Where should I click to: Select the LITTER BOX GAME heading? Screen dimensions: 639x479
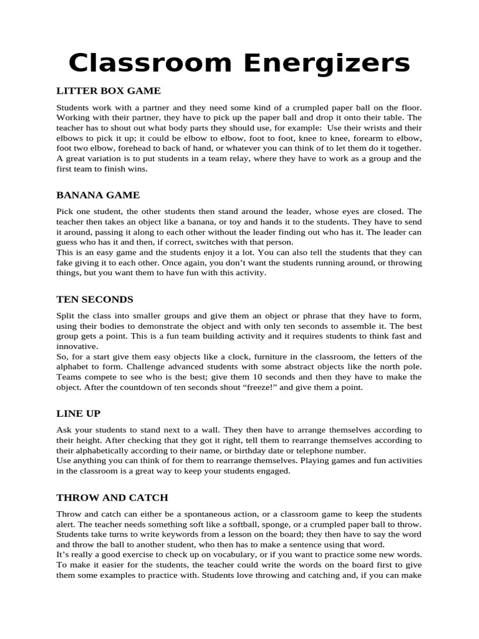coord(109,91)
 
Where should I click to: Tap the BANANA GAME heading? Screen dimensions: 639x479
coord(98,195)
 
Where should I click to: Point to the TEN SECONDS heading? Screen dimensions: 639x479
coord(95,300)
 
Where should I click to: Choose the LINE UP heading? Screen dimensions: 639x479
coord(79,414)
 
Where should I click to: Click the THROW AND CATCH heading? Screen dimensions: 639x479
coord(112,497)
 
